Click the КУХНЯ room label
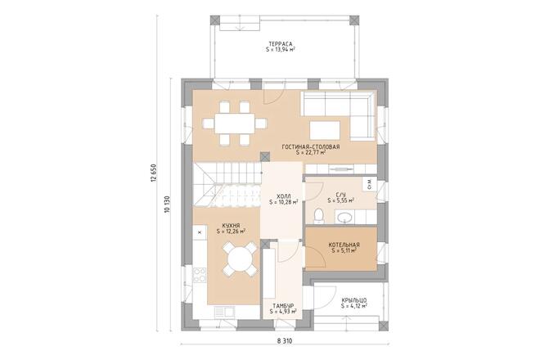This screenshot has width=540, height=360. click(x=232, y=225)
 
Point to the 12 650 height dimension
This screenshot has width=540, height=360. click(x=152, y=177)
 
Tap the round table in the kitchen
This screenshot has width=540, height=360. click(x=241, y=261)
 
